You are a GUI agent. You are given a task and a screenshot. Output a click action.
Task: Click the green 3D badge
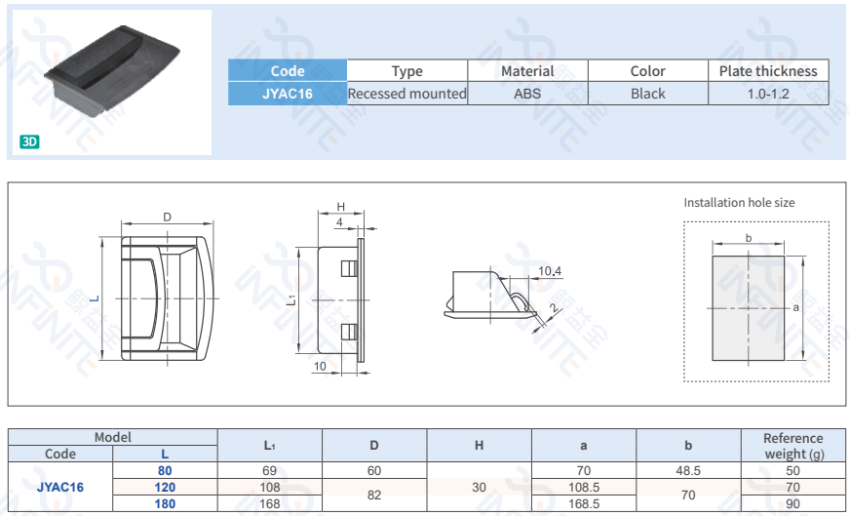(x=30, y=142)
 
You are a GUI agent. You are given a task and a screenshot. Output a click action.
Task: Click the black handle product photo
(x=112, y=69)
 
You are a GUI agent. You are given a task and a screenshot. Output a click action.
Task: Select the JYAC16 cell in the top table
(x=288, y=94)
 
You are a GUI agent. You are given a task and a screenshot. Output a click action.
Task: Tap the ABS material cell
(x=527, y=94)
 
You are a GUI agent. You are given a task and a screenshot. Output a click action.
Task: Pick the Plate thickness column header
(x=768, y=71)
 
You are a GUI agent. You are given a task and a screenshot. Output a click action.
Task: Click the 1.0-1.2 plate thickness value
(x=768, y=94)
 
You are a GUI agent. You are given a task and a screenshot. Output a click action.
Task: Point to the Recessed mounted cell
(x=407, y=94)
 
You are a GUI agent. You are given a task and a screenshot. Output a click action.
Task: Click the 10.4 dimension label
(x=549, y=271)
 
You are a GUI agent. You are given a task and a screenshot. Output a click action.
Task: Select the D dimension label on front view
(x=167, y=218)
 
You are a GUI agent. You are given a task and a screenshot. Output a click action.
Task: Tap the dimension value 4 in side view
(x=339, y=222)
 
